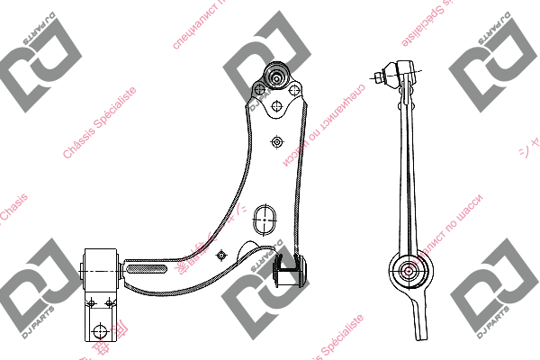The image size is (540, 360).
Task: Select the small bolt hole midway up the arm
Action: [x=277, y=141]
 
